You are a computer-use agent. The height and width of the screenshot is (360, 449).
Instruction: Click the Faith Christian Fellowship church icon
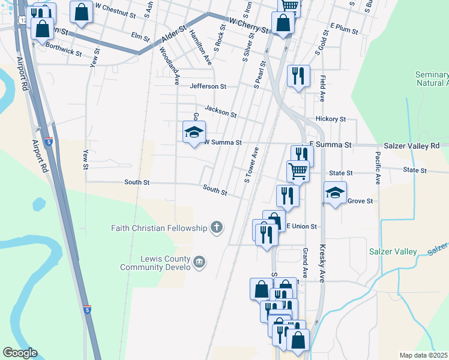click(x=217, y=227)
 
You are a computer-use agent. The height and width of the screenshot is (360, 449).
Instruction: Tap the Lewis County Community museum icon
click(x=200, y=261)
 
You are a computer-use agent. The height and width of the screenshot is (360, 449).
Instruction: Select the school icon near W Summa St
click(x=194, y=133)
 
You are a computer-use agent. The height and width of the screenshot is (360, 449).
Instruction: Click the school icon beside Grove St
click(x=335, y=193)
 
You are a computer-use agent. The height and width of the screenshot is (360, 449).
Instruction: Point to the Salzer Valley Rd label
click(x=411, y=146)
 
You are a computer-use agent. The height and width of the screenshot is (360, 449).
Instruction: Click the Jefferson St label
click(x=208, y=86)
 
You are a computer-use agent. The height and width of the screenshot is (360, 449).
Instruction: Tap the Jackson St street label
click(x=220, y=111)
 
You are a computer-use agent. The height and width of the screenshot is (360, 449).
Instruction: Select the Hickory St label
click(x=331, y=119)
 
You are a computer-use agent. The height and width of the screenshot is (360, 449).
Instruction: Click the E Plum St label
click(x=344, y=29)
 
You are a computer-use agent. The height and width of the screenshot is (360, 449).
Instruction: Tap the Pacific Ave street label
click(x=378, y=167)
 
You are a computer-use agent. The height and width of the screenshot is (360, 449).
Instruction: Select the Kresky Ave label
click(x=321, y=267)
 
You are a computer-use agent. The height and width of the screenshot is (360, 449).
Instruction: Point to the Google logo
click(x=20, y=353)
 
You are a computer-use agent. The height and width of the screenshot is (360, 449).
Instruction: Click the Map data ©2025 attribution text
click(x=423, y=355)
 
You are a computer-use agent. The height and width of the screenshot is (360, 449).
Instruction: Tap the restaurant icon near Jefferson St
click(x=298, y=76)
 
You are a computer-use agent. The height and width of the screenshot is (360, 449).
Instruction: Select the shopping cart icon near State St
click(x=298, y=171)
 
